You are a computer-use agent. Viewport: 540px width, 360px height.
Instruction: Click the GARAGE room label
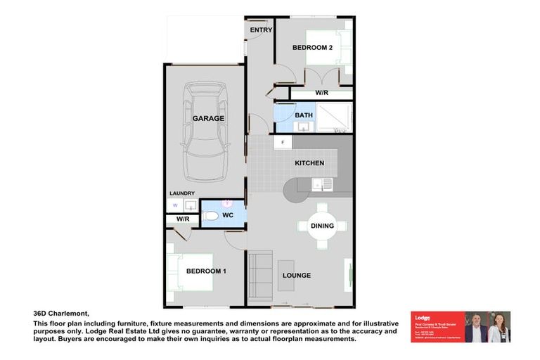208,118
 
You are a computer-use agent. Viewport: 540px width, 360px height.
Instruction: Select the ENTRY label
261,30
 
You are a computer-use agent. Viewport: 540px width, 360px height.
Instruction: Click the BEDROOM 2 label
312,47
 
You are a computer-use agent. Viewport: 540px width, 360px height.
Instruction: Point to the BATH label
304,115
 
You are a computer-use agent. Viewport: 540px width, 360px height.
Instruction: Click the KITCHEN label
309,163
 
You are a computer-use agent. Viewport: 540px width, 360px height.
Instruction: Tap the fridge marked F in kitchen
283,143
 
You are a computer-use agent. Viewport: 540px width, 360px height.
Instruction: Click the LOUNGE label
296,275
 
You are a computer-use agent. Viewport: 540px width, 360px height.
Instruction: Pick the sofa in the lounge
261,275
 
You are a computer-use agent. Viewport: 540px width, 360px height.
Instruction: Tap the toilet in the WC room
211,217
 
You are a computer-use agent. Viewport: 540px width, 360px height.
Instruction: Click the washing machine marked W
174,205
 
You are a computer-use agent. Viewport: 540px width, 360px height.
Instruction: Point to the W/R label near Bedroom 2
321,93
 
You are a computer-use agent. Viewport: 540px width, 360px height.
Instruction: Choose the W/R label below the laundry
183,219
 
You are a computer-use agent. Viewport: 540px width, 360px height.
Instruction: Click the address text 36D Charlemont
63,314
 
